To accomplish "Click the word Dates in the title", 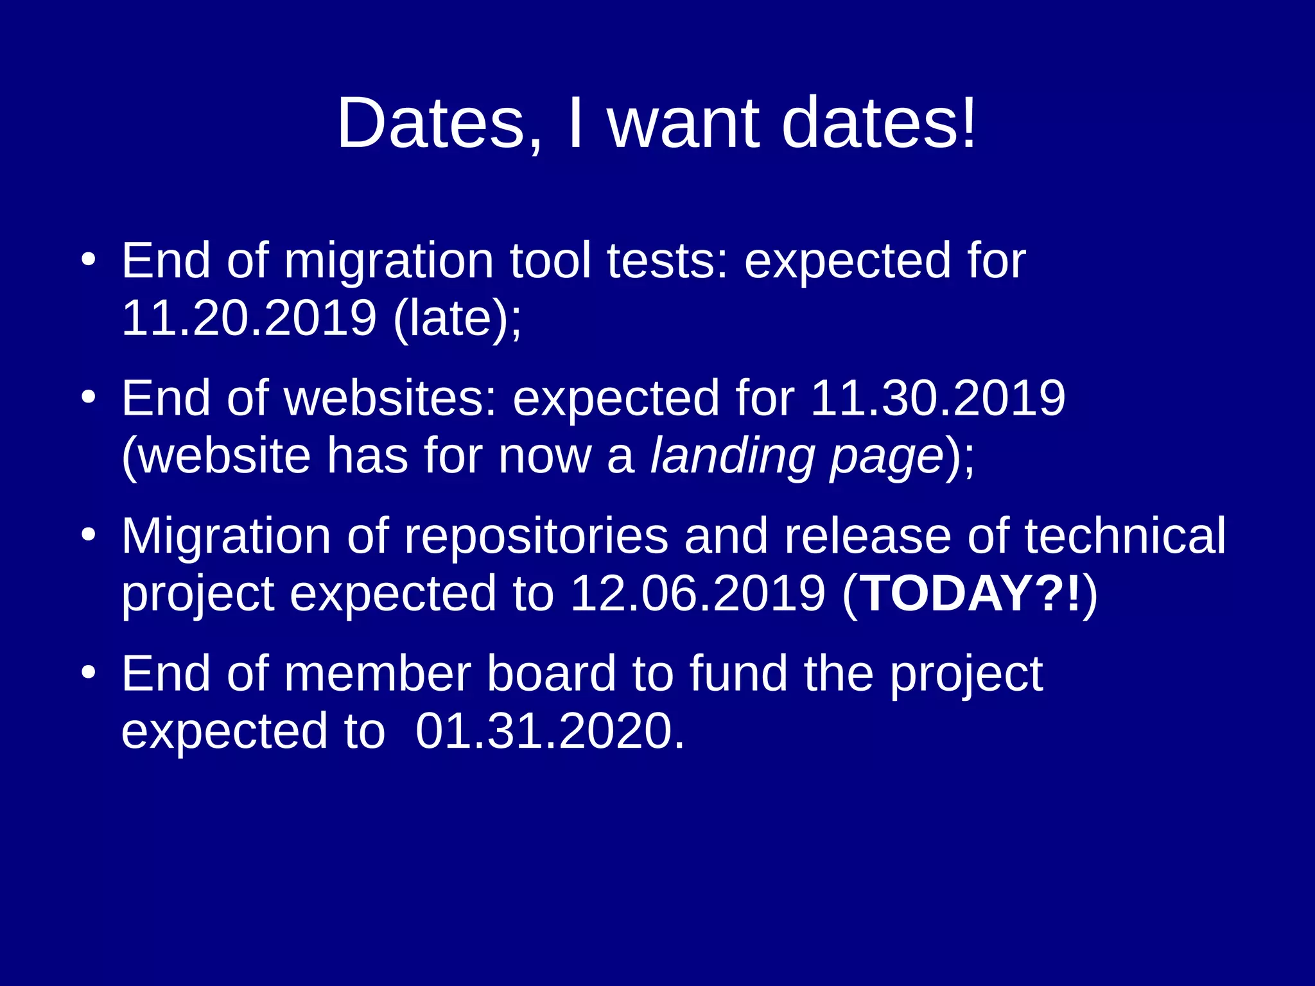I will pyautogui.click(x=431, y=123).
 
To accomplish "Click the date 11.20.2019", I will pyautogui.click(x=248, y=318).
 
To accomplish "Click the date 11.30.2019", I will pyautogui.click(x=937, y=399).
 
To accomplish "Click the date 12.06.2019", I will pyautogui.click(x=697, y=593).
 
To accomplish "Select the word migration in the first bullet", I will pyautogui.click(x=388, y=262).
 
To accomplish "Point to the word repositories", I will pyautogui.click(x=536, y=537).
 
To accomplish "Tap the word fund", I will pyautogui.click(x=738, y=674).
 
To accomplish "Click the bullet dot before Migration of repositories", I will pyautogui.click(x=89, y=535).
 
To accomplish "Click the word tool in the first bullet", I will pyautogui.click(x=550, y=261).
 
